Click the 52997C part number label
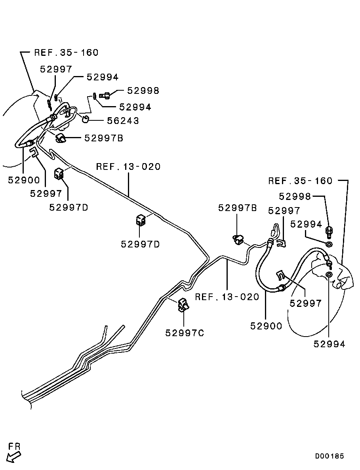pos(185,333)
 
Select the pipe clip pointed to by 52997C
pos(183,304)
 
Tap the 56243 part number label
pos(123,121)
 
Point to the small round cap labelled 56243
pos(86,118)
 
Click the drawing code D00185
pos(330,456)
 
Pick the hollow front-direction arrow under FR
pos(14,457)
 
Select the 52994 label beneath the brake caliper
pos(330,344)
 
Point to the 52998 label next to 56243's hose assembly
pos(143,91)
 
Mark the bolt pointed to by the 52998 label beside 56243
pos(105,95)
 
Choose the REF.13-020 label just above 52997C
pos(227,297)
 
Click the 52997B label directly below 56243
pos(103,138)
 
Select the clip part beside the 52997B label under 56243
pos(61,138)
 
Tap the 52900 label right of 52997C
pos(266,326)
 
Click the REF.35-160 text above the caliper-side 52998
pos(300,181)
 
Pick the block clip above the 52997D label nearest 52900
pos(59,173)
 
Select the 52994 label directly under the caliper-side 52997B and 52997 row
pos(306,224)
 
